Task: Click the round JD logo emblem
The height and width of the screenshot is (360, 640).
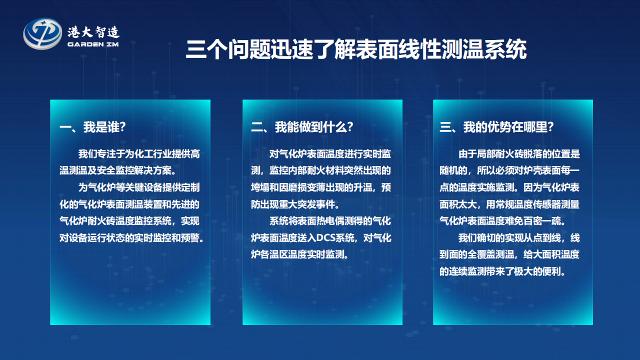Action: [x=42, y=33]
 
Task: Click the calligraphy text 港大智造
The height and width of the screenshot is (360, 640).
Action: [x=93, y=32]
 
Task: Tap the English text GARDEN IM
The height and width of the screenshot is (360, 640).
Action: [x=93, y=44]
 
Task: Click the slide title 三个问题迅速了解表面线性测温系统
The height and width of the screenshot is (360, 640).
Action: [x=356, y=49]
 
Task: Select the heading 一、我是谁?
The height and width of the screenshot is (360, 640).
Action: [x=92, y=127]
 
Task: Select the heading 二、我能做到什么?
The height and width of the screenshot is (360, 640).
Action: [x=302, y=127]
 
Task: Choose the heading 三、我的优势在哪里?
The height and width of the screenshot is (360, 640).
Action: [x=496, y=127]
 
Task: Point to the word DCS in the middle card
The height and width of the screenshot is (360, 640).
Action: [x=325, y=237]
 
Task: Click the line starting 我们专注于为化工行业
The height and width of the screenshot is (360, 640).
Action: [x=139, y=154]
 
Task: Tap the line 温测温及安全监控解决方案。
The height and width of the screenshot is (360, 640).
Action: [x=118, y=170]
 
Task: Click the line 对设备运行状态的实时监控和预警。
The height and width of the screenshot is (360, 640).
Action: [x=131, y=237]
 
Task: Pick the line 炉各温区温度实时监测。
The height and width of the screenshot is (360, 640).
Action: [x=299, y=254]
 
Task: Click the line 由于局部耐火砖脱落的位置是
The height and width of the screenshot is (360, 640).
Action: [x=519, y=154]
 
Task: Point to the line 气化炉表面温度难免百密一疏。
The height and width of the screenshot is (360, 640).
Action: [x=502, y=221]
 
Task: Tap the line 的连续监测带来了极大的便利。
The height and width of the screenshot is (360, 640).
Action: [x=502, y=271]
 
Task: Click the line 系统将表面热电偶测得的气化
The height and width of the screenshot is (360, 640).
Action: [x=330, y=221]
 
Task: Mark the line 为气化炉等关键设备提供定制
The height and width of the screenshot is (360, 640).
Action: [x=139, y=187]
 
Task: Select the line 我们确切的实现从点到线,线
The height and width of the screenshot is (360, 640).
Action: [x=519, y=237]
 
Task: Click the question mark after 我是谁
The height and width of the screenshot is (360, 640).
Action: [x=123, y=127]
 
